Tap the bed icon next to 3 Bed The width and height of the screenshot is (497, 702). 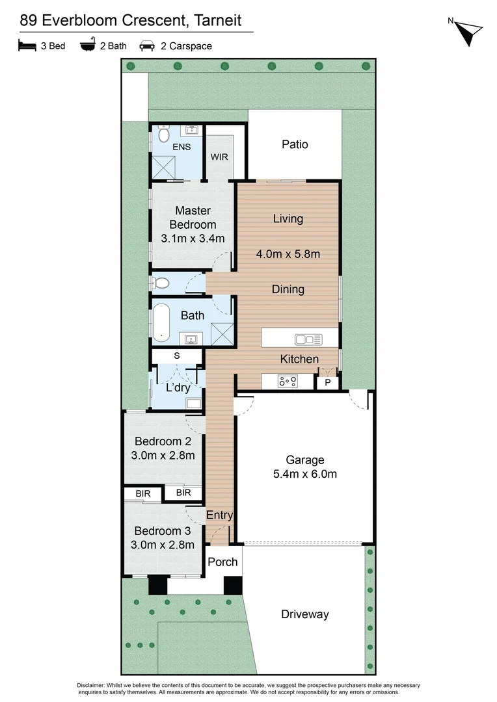(x=27, y=45)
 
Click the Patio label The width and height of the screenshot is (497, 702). (x=295, y=144)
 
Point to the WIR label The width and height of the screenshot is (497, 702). (x=219, y=157)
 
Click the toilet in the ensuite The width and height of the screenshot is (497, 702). (x=163, y=135)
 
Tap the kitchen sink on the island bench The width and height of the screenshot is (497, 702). (x=308, y=339)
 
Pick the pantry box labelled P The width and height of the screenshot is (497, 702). (x=327, y=383)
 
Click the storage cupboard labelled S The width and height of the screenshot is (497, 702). (x=176, y=356)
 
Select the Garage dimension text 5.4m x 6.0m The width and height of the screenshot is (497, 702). (x=305, y=474)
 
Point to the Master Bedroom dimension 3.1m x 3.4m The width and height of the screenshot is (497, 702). (x=192, y=239)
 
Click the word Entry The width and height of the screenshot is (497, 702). (x=219, y=515)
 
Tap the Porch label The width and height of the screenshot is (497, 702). (x=222, y=562)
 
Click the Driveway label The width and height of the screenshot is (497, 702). (x=305, y=614)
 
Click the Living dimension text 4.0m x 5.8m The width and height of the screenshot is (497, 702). (x=288, y=254)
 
